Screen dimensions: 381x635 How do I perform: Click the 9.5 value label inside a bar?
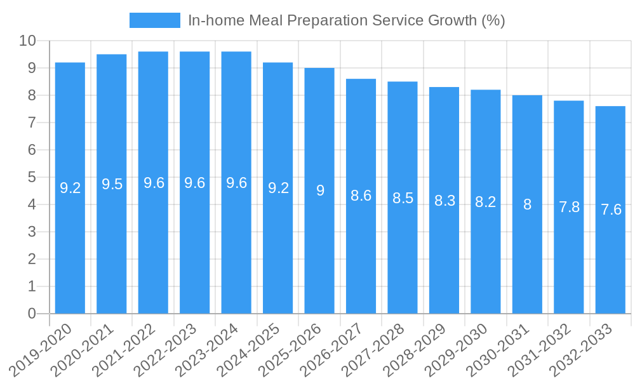(112, 184)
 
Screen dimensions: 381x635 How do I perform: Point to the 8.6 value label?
(361, 196)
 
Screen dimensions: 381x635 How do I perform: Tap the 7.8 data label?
(569, 207)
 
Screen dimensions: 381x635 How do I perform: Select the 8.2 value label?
(485, 202)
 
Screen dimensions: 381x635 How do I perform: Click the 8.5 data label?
(403, 198)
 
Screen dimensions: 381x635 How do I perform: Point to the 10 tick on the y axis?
(27, 41)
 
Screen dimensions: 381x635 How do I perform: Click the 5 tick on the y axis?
(32, 178)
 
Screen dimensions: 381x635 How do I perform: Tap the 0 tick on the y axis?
(32, 314)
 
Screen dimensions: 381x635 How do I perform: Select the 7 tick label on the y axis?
(32, 123)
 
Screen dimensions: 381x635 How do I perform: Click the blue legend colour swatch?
(154, 20)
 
